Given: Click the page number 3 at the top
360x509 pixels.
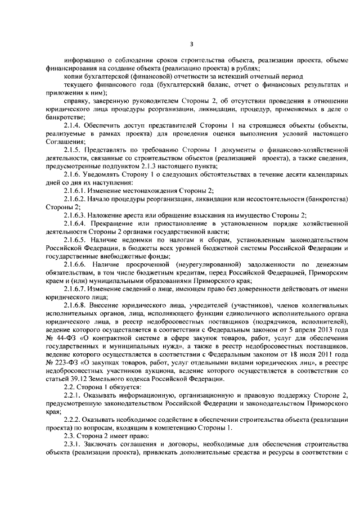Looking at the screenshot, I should point(191,44).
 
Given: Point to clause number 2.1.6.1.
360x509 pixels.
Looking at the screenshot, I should point(76,190).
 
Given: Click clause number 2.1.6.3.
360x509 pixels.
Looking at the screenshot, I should point(76,215).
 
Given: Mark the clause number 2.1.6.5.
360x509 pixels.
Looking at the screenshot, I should point(76,240).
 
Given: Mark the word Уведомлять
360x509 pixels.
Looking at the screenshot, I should point(105,174).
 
